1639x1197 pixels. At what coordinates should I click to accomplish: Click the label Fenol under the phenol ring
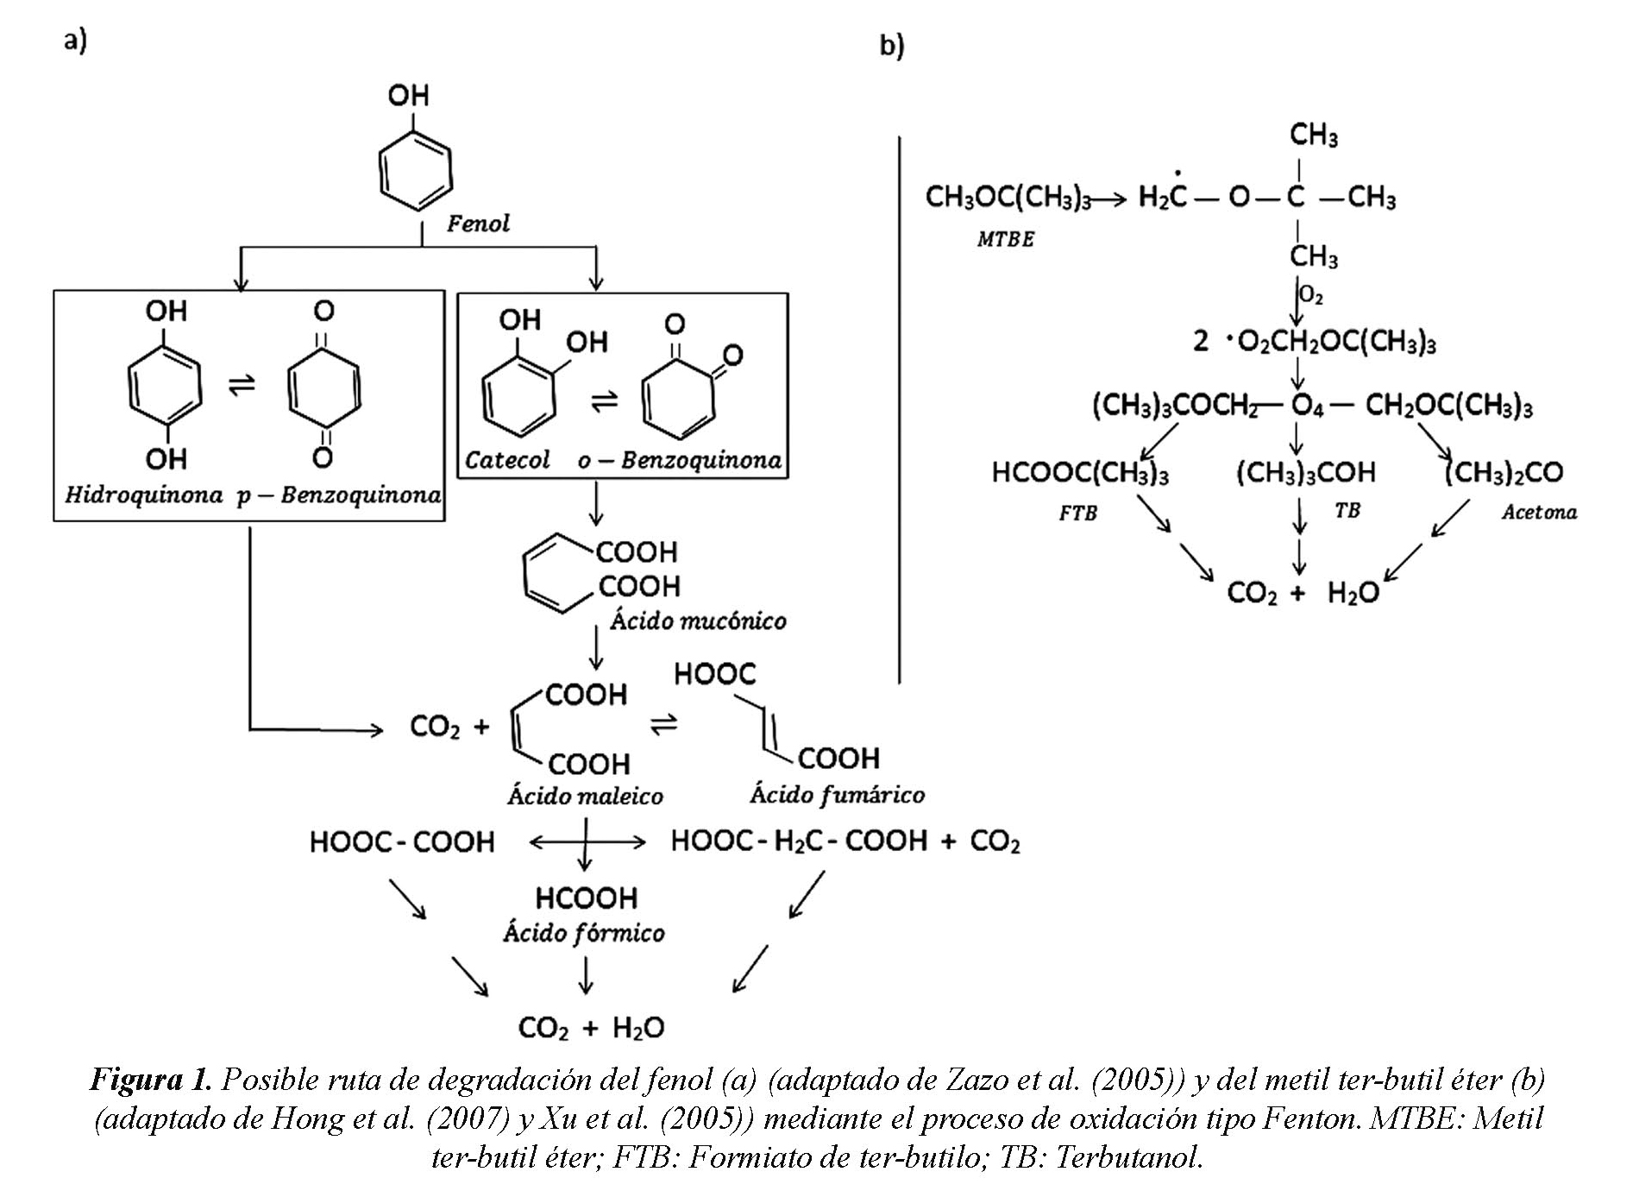(478, 224)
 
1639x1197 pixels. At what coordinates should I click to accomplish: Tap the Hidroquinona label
(143, 495)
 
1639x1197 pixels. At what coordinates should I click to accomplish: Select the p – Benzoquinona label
(339, 495)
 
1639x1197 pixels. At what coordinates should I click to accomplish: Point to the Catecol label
(506, 460)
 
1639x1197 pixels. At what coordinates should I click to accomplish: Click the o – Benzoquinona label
(680, 460)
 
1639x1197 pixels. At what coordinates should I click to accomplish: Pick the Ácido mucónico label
(698, 621)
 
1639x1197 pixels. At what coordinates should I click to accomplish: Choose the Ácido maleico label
(585, 795)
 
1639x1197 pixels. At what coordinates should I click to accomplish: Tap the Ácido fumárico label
(837, 794)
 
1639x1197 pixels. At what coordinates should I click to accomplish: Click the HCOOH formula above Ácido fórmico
(586, 898)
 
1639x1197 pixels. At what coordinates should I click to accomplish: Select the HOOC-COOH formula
(402, 841)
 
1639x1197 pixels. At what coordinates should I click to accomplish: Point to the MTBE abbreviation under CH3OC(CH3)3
(1005, 239)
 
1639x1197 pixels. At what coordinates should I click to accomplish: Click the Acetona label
(1539, 513)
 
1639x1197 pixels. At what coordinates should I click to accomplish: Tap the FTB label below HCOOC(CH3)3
(1078, 513)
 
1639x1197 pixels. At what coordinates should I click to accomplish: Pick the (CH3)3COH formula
(1305, 472)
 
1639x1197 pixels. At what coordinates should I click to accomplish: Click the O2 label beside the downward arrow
(1311, 296)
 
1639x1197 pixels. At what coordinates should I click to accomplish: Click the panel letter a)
(75, 40)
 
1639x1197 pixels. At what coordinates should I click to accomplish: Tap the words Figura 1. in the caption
(150, 1080)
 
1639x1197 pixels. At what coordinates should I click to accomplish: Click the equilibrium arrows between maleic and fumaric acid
(663, 725)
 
